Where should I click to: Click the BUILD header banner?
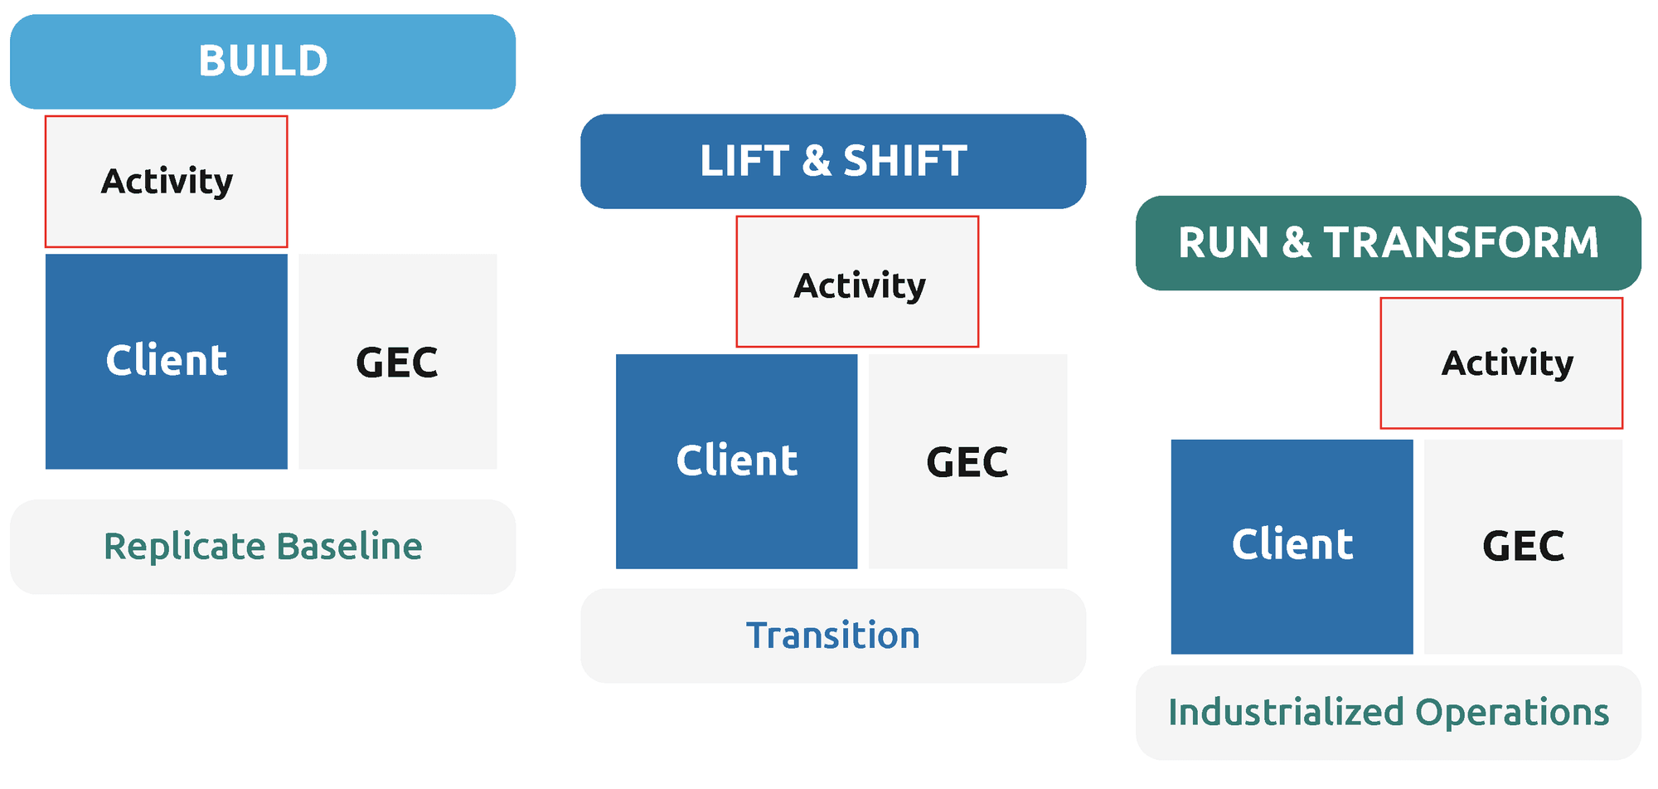(x=263, y=61)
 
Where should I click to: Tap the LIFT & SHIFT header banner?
(x=833, y=161)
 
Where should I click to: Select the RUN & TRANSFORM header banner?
(x=1389, y=243)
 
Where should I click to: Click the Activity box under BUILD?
(x=167, y=182)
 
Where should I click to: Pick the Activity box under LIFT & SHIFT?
(x=858, y=282)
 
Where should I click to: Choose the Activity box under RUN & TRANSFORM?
(x=1501, y=363)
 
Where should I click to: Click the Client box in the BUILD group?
(x=167, y=362)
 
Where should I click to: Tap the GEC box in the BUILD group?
(x=398, y=362)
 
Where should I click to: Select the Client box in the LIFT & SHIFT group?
(x=737, y=461)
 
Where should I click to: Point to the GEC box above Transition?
(x=968, y=461)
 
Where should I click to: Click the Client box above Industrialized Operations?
(x=1292, y=547)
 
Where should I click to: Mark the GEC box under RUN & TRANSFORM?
(x=1524, y=547)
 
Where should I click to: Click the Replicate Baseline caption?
(x=263, y=547)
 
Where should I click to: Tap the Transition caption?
(x=833, y=636)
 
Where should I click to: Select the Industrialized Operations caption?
(x=1389, y=713)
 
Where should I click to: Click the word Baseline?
(x=350, y=547)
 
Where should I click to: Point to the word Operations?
(x=1512, y=713)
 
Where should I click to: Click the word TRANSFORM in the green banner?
(x=1462, y=243)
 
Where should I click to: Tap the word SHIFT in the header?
(x=905, y=161)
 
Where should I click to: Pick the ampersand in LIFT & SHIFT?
(x=817, y=161)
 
